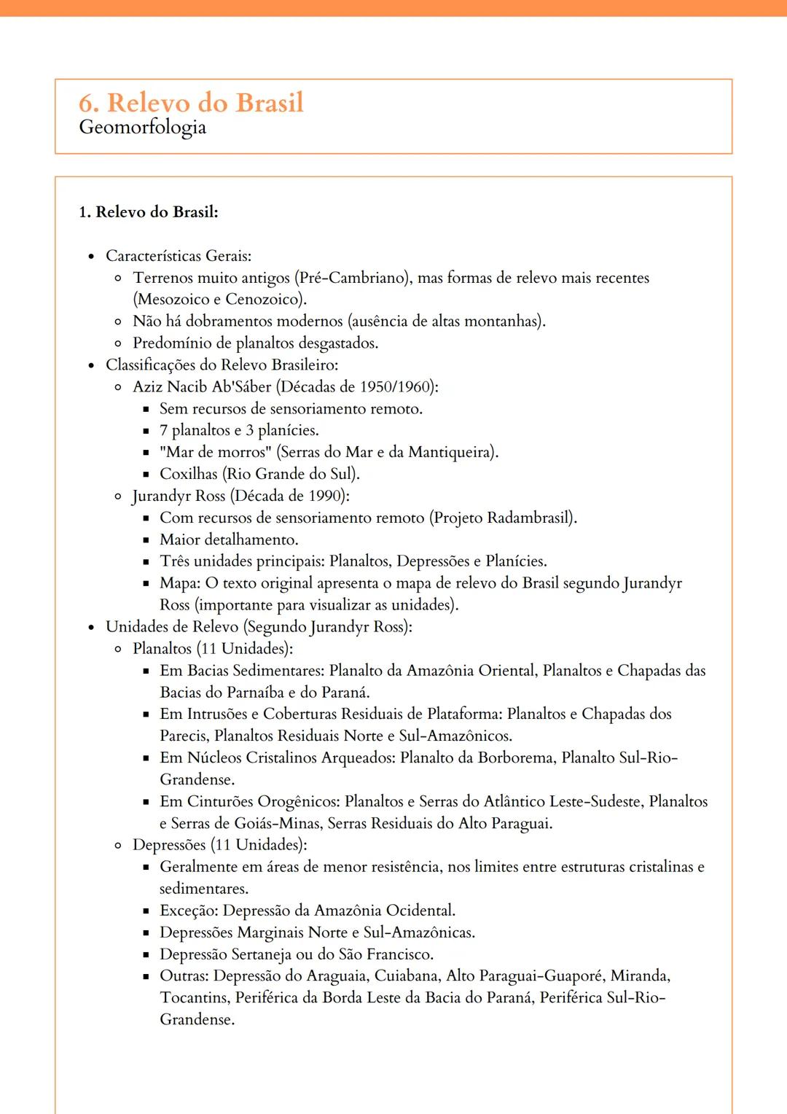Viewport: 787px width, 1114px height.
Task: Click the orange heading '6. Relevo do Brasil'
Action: [x=191, y=103]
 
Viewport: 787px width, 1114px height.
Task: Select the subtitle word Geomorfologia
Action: [x=142, y=128]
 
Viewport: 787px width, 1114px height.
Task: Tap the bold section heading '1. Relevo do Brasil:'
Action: [x=148, y=212]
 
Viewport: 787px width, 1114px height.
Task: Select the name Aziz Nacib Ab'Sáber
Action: [x=202, y=387]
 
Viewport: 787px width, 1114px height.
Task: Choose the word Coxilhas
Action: [x=189, y=474]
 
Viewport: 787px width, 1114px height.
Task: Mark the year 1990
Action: [x=325, y=496]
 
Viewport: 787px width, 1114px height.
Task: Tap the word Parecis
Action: [x=184, y=736]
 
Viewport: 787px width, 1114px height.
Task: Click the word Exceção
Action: [x=189, y=911]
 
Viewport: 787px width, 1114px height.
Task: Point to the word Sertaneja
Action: [x=267, y=954]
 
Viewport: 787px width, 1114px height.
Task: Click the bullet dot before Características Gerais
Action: [x=91, y=257]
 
